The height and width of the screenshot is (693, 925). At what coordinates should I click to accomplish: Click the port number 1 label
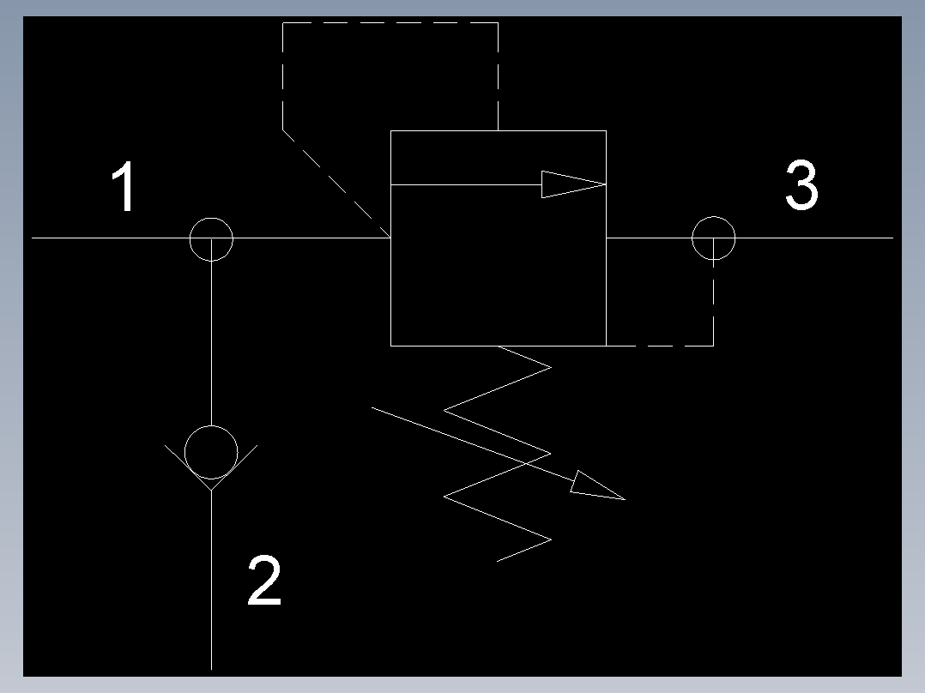coord(124,185)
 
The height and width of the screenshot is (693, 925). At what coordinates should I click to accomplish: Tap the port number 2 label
coord(264,580)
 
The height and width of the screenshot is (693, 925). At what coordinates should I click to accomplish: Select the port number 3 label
coord(801,184)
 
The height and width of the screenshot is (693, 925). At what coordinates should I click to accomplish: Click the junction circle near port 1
coord(211,218)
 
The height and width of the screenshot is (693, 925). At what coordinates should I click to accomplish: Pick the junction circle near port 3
coord(713,216)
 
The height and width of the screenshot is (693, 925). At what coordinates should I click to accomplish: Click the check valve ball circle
coord(211,425)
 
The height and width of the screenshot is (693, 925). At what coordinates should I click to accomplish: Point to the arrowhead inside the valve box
coord(573,184)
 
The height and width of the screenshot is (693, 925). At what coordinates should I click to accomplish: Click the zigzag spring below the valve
coord(497,454)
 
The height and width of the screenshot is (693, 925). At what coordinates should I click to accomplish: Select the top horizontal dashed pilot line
coord(390,23)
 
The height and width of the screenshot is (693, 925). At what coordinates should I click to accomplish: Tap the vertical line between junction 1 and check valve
coord(211,332)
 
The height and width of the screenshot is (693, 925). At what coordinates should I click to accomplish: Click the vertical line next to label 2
coord(211,580)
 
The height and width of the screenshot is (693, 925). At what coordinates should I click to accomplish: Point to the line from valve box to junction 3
coord(649,238)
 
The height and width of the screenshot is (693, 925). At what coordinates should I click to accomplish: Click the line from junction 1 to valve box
coord(311,238)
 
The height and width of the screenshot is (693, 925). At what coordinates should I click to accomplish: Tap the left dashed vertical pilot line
coord(283,76)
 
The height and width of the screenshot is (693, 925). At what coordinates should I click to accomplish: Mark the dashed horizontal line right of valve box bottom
coord(660,346)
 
